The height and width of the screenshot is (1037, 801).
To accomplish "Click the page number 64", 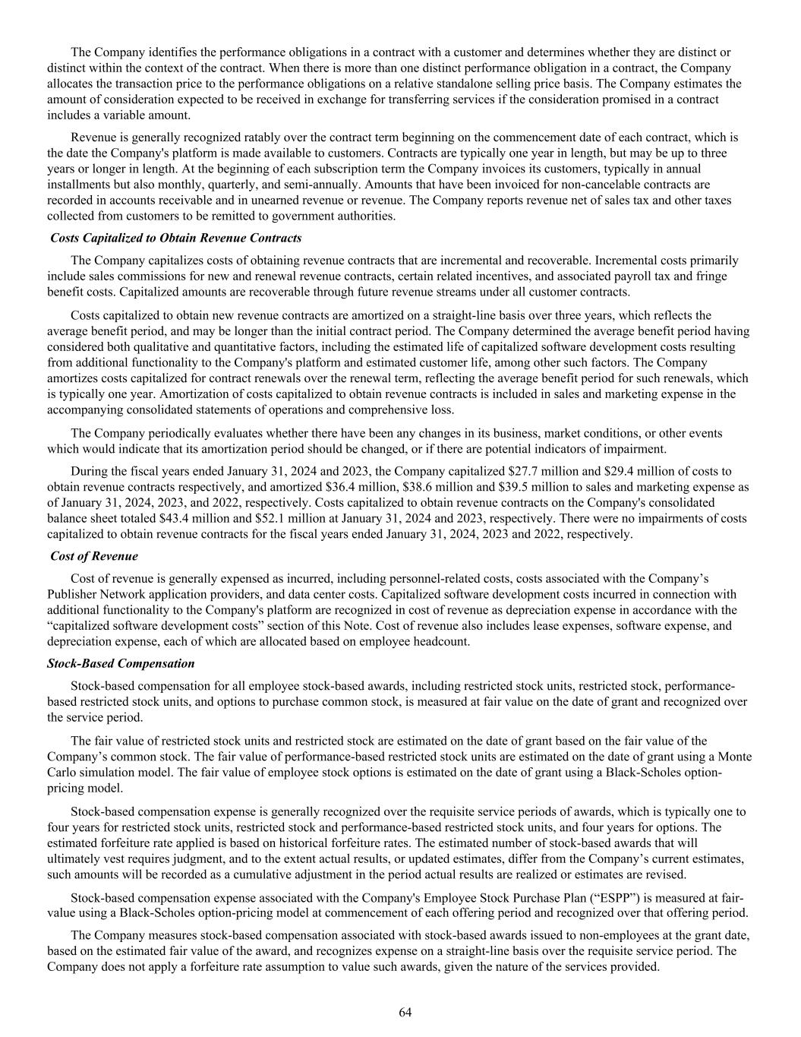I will (x=405, y=1012).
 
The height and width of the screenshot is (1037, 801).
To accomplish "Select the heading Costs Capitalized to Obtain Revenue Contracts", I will (x=175, y=238).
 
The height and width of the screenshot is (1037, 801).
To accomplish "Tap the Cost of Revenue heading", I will (x=94, y=556).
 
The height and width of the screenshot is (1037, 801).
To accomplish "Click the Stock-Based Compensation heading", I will (x=121, y=663).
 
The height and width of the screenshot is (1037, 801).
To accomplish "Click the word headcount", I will (x=443, y=641).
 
